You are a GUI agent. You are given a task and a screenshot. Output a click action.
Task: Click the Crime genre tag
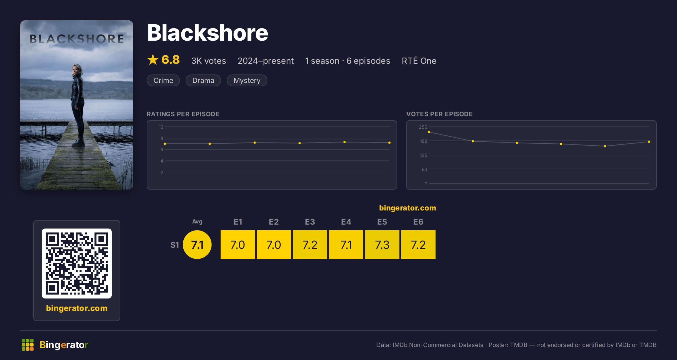click(163, 80)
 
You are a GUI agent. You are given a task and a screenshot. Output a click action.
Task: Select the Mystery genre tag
click(247, 80)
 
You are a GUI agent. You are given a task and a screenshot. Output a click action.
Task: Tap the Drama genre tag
click(203, 80)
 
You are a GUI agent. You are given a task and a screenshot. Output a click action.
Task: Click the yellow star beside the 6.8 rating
click(153, 60)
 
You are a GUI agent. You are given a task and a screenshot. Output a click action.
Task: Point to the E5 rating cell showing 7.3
click(382, 245)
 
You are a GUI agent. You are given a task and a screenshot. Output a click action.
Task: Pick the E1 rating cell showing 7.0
click(238, 245)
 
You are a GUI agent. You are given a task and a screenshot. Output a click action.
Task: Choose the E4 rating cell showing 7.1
click(346, 245)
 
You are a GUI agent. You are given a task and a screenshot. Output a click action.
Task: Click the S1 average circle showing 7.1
click(197, 245)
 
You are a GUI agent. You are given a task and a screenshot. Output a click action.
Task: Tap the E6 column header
click(418, 222)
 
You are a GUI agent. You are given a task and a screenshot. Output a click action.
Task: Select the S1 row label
click(175, 245)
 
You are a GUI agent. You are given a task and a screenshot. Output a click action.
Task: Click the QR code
click(77, 264)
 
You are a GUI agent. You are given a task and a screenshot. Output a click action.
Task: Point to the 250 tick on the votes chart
click(423, 127)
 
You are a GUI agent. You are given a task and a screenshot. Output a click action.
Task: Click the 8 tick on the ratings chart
click(162, 138)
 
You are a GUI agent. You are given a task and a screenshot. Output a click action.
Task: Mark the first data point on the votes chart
click(429, 132)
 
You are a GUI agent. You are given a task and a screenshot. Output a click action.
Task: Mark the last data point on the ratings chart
click(390, 143)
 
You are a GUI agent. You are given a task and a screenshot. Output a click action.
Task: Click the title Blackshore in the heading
click(207, 33)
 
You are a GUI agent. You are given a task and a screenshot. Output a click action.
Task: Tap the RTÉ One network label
click(419, 61)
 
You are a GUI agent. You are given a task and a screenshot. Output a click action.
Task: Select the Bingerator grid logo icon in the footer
click(28, 345)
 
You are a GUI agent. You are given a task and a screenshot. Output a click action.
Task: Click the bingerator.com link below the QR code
click(77, 308)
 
